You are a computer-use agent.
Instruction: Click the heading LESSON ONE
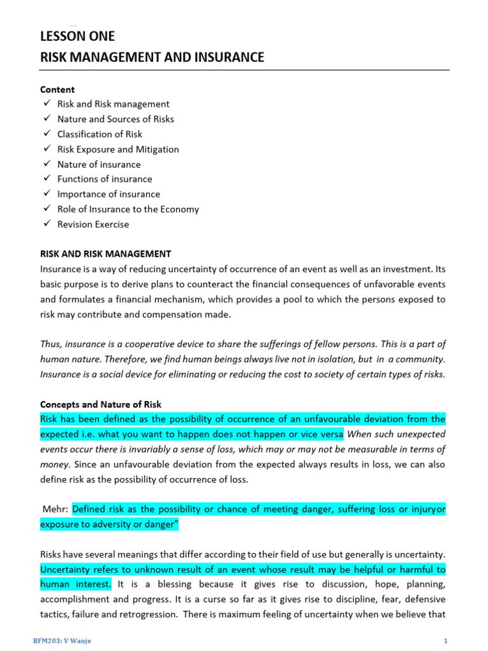coord(78,36)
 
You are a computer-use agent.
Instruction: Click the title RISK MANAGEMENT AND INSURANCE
coord(152,57)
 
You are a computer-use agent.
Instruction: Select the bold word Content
coord(57,90)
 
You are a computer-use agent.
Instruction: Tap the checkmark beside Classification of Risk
coord(46,134)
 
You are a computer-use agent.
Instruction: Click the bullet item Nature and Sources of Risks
coord(115,119)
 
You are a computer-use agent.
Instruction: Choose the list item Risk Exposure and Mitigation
coord(118,149)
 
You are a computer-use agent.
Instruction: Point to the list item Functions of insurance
coord(104,179)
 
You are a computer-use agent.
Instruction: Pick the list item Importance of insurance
coord(109,195)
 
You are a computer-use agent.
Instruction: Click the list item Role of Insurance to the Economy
coord(128,209)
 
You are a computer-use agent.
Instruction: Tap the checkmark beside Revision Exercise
coord(46,224)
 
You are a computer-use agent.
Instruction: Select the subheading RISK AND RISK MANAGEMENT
coord(105,254)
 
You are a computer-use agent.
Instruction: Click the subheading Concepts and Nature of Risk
coord(100,404)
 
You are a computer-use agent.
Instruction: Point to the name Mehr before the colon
coord(54,509)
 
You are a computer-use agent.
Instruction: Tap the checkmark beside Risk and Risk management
coord(46,104)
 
